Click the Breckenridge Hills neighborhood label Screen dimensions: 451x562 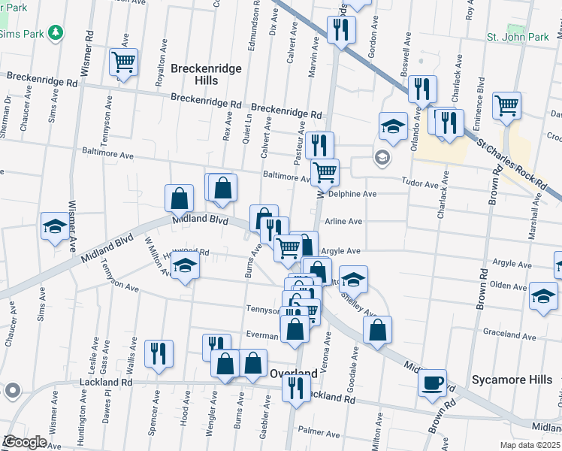pyautogui.click(x=206, y=74)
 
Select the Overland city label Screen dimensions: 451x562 pyautogui.click(x=293, y=374)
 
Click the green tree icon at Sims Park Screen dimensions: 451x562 pyautogui.click(x=54, y=32)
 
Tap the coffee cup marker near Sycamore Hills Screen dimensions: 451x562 pyautogui.click(x=432, y=382)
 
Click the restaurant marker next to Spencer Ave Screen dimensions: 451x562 pyautogui.click(x=159, y=353)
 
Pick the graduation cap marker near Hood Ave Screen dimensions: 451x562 pyautogui.click(x=185, y=266)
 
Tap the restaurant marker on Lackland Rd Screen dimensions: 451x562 pyautogui.click(x=296, y=389)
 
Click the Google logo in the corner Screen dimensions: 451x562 pyautogui.click(x=24, y=442)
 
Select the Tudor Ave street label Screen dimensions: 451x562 pyautogui.click(x=421, y=184)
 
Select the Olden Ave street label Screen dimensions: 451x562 pyautogui.click(x=509, y=286)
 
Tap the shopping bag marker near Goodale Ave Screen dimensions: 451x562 pyautogui.click(x=377, y=329)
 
